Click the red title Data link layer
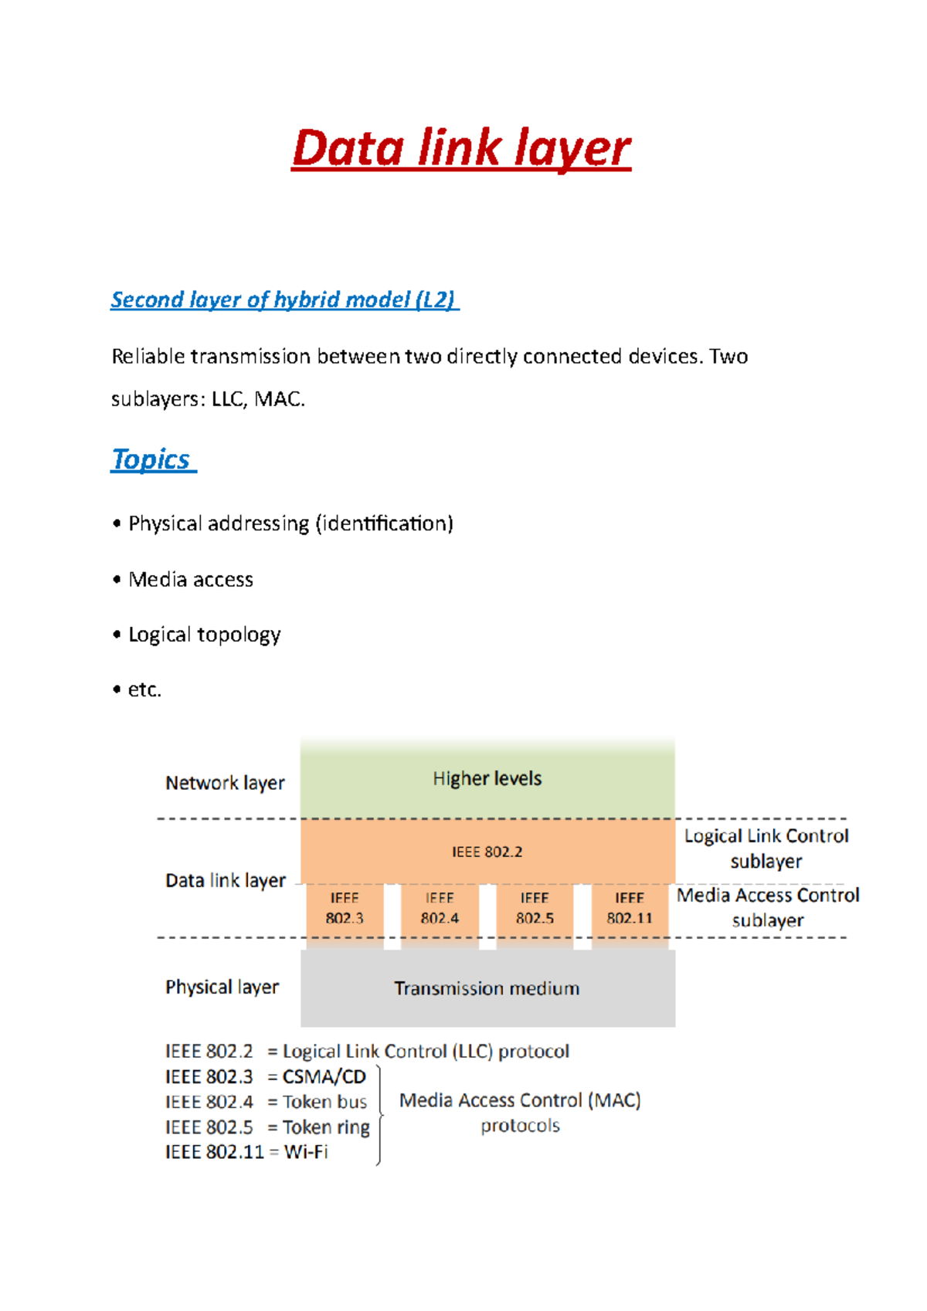click(x=461, y=148)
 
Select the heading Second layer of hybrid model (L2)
click(x=284, y=300)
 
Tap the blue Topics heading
click(x=152, y=459)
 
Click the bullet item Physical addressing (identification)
click(x=290, y=523)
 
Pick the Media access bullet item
click(x=191, y=579)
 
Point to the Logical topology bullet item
click(x=204, y=635)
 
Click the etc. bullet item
click(x=144, y=689)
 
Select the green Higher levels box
click(x=487, y=778)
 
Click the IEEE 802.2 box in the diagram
click(x=487, y=852)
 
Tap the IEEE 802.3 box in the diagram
click(x=345, y=909)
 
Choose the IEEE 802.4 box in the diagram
click(x=440, y=909)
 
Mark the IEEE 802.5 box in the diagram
click(x=535, y=909)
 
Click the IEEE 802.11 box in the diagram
click(x=630, y=909)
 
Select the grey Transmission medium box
click(x=487, y=988)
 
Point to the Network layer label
click(x=225, y=783)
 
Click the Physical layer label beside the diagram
click(x=222, y=987)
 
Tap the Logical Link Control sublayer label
click(x=766, y=848)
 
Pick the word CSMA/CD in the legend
click(x=324, y=1076)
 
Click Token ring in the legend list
click(x=326, y=1127)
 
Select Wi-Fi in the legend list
click(x=306, y=1152)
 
